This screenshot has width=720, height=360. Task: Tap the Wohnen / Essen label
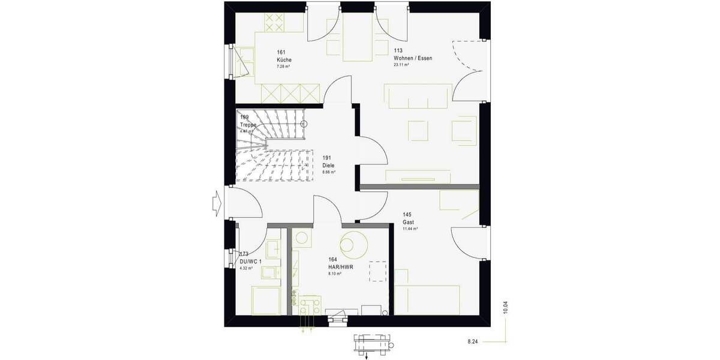(413, 58)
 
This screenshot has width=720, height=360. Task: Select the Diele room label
(328, 165)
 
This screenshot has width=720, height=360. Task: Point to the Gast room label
(408, 222)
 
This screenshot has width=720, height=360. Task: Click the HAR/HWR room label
(340, 266)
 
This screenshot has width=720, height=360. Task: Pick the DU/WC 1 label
(251, 262)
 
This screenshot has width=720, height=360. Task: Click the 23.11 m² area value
(401, 65)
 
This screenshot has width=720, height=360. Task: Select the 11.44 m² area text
(410, 229)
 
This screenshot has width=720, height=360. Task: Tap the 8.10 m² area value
(335, 274)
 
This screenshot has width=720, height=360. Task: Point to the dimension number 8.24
(473, 341)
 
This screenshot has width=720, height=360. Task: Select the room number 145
(407, 215)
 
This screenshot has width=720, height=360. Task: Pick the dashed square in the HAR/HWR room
(378, 271)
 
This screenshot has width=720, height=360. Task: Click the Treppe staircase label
(248, 125)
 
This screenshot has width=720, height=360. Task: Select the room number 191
(326, 158)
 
